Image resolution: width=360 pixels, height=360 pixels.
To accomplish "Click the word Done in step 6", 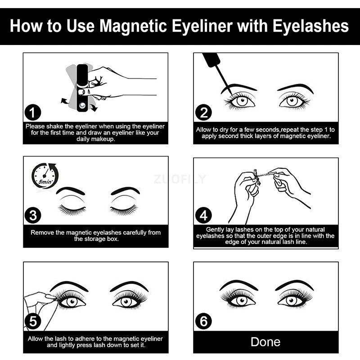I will pyautogui.click(x=265, y=342).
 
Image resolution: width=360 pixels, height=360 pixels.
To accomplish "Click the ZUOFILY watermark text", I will pyautogui.click(x=180, y=180).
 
